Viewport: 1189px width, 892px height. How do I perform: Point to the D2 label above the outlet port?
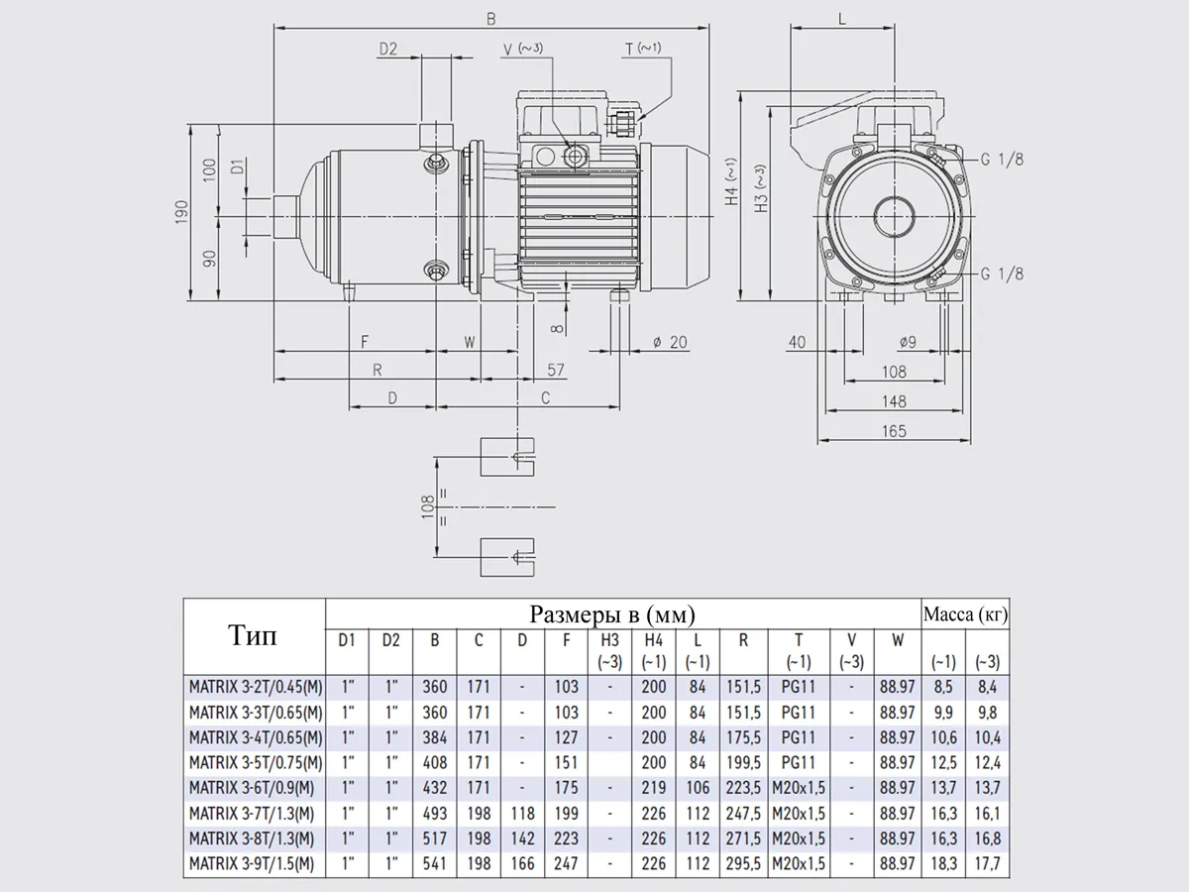[386, 49]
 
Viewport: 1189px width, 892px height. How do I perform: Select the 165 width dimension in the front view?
[894, 431]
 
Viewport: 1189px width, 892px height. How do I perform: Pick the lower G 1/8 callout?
[1002, 275]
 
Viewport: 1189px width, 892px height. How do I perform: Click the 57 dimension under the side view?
[556, 370]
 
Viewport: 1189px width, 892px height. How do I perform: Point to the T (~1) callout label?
[643, 49]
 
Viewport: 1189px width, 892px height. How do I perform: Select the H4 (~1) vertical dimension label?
[731, 181]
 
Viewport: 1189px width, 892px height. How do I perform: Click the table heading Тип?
[253, 635]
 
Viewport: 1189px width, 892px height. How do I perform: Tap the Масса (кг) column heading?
[965, 614]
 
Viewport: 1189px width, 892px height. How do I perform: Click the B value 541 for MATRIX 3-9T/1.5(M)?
[434, 864]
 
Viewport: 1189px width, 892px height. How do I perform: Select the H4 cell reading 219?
[653, 788]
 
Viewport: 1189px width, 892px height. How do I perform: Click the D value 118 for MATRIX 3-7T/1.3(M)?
[522, 814]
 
